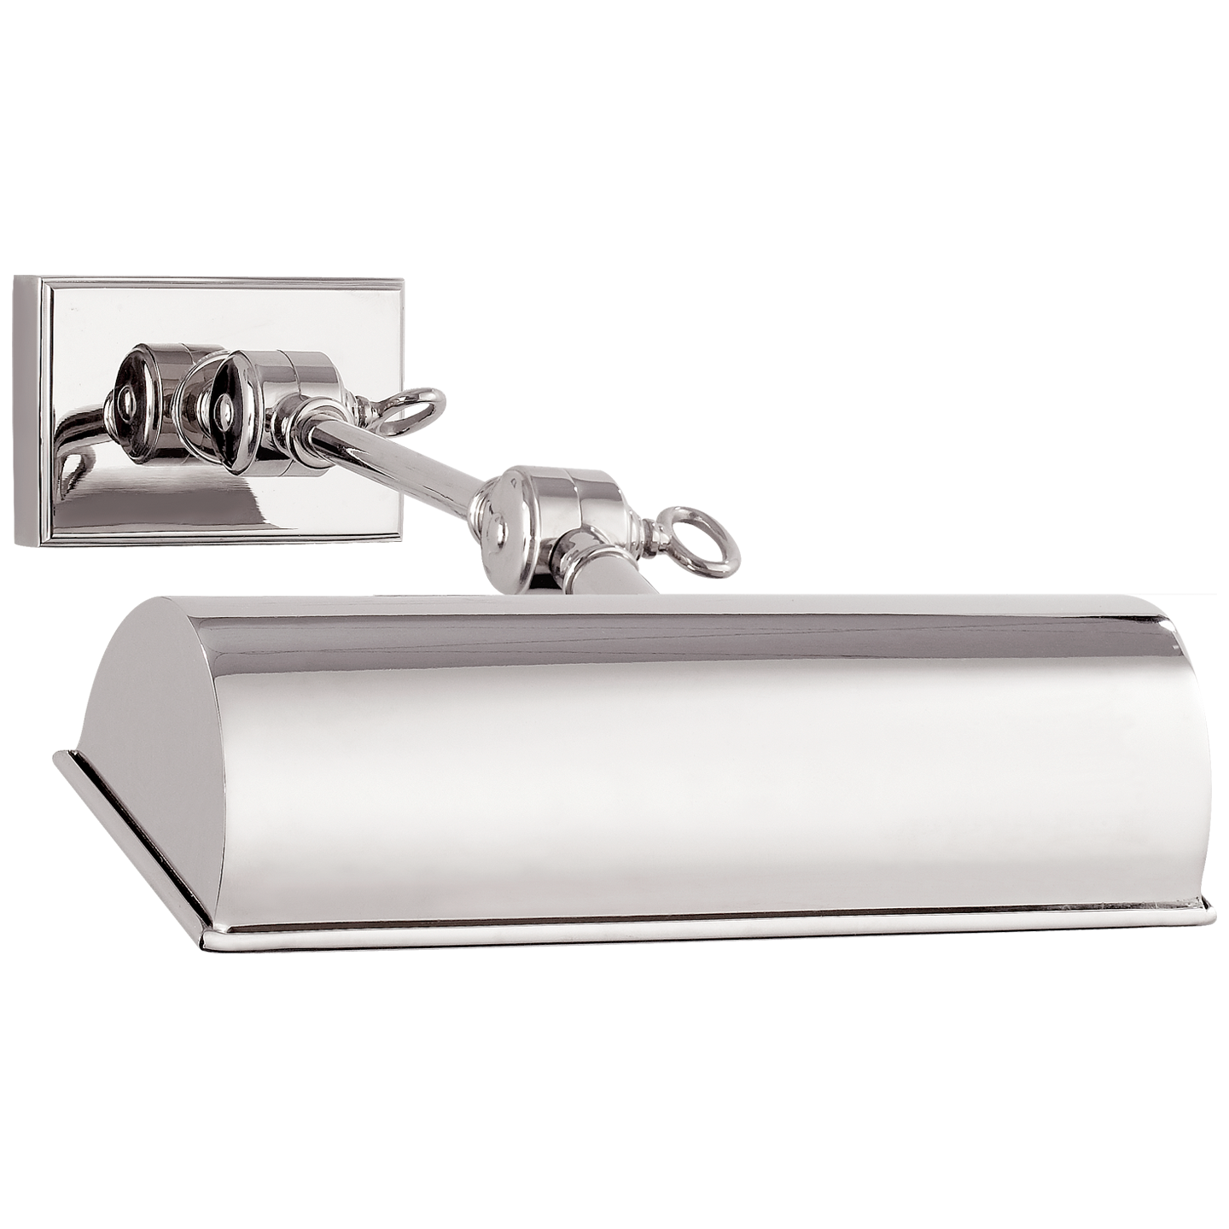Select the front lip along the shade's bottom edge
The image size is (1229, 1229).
(683, 927)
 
